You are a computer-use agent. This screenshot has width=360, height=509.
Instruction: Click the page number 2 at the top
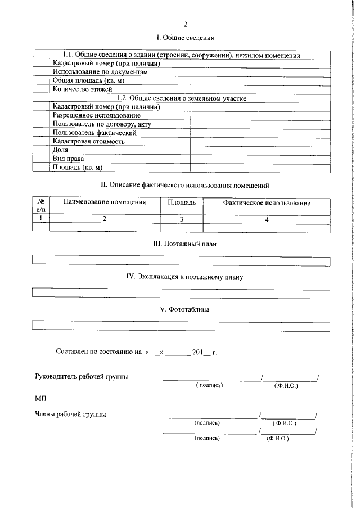[184, 24]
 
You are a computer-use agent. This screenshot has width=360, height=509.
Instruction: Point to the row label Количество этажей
[83, 89]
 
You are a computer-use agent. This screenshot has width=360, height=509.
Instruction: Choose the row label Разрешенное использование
[89, 115]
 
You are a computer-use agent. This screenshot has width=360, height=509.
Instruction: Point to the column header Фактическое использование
[267, 202]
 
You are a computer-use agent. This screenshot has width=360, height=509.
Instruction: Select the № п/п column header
[41, 205]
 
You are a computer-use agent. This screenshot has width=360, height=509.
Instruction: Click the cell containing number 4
[267, 220]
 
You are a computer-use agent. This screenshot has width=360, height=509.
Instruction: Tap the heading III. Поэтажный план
[184, 244]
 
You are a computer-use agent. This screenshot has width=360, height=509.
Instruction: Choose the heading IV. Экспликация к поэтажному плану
[184, 277]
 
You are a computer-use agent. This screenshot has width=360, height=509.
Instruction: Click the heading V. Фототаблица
[184, 309]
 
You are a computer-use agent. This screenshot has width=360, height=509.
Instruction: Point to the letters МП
[40, 398]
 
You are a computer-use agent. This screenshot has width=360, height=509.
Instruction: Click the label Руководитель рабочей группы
[82, 376]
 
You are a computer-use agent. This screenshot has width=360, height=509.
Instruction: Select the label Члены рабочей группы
[71, 415]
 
